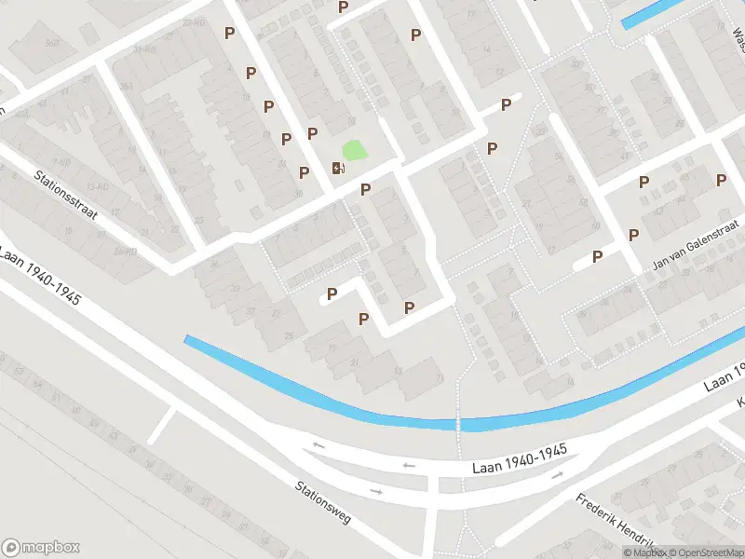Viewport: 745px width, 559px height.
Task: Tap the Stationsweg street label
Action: [x=323, y=501]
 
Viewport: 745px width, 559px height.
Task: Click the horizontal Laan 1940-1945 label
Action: [x=518, y=451]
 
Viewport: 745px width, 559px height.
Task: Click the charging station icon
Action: [x=336, y=168]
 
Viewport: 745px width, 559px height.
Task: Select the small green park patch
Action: [x=355, y=149]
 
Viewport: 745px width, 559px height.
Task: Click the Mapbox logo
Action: [x=41, y=547]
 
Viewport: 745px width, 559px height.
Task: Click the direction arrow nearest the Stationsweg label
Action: [x=376, y=490]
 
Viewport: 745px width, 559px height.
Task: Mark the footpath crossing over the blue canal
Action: [x=458, y=425]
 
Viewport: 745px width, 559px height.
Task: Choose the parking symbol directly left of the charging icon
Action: [x=304, y=172]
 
